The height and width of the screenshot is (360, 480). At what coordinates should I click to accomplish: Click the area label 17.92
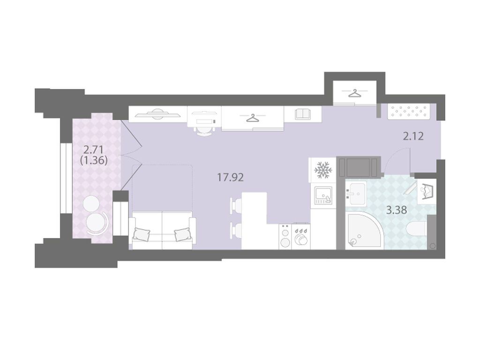point(230,177)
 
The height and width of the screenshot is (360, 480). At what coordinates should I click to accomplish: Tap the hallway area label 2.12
point(413,136)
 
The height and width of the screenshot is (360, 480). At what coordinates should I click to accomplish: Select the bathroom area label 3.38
point(397,210)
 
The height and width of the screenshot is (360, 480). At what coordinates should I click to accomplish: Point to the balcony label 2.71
point(93,150)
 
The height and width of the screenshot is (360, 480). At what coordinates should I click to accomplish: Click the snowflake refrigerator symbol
point(323,170)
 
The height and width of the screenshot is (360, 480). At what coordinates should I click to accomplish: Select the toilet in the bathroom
point(417,229)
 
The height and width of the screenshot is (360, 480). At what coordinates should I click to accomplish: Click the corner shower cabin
point(364,231)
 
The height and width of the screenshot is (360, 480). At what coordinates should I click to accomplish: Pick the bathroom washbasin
point(356,194)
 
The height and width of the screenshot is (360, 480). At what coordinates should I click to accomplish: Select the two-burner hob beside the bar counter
point(285,236)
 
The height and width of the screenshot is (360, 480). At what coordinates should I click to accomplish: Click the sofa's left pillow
point(141,234)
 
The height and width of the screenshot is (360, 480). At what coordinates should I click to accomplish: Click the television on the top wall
point(157,114)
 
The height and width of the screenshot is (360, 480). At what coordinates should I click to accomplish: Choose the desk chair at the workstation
point(204,131)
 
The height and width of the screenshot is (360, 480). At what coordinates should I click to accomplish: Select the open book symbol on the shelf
point(303,114)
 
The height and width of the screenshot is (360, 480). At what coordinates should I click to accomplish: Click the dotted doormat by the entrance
point(409,112)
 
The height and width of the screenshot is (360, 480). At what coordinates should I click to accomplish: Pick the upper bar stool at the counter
point(236,204)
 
